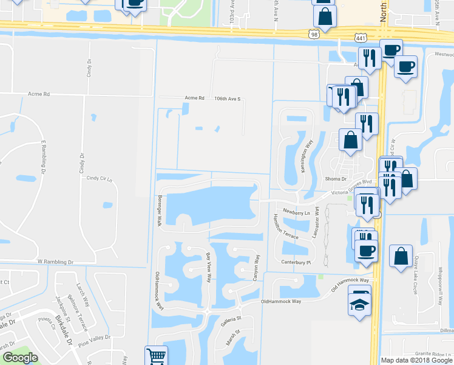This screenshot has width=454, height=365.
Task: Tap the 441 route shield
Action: (x=361, y=37)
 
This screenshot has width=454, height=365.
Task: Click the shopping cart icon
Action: (x=156, y=356)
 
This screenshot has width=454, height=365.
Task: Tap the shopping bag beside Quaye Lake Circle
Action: (x=401, y=257)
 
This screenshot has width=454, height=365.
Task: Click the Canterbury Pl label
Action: (x=296, y=263)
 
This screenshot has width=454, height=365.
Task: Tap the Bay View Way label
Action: (x=209, y=268)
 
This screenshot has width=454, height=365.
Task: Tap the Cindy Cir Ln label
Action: (x=100, y=178)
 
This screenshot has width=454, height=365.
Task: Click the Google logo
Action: (x=21, y=358)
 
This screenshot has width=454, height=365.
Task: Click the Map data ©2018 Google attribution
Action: (x=416, y=360)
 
